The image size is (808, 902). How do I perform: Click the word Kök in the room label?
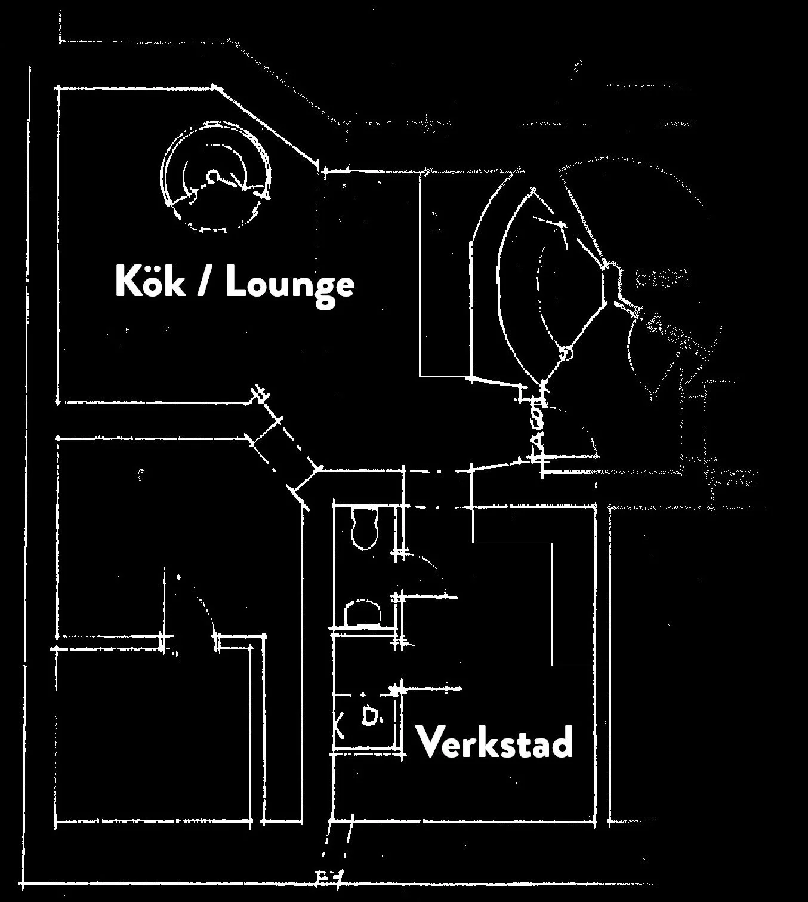150,282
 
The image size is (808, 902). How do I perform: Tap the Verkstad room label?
494,742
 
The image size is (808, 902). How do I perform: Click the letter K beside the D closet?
340,726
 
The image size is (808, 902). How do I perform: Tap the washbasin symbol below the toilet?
362,613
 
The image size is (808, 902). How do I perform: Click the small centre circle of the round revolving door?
213,176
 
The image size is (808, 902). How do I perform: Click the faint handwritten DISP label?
662,278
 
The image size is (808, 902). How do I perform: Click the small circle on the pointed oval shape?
566,354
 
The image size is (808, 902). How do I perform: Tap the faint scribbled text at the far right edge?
734,478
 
